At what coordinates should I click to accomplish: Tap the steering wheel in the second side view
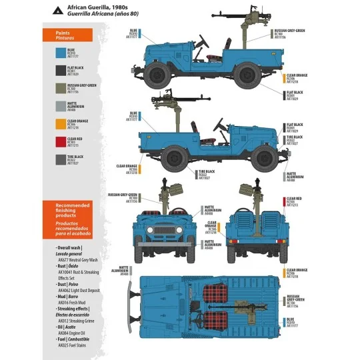click(217, 125)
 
